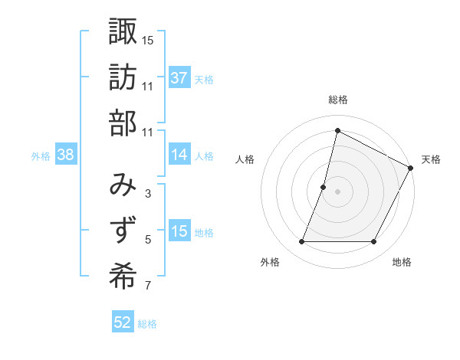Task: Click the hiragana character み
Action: (x=123, y=184)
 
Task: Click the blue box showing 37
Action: (x=179, y=77)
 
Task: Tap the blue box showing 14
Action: (x=179, y=155)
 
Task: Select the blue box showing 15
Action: (x=179, y=231)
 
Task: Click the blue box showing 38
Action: (x=65, y=155)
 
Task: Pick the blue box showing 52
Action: (x=122, y=322)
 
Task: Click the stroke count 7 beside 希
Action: (x=148, y=286)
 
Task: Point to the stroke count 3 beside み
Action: (x=148, y=193)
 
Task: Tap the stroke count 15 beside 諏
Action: (x=148, y=39)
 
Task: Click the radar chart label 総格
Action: (x=337, y=100)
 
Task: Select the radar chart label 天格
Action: (x=431, y=159)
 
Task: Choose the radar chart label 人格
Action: (x=245, y=159)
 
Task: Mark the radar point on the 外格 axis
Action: (x=301, y=242)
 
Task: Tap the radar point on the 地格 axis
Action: (x=374, y=242)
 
